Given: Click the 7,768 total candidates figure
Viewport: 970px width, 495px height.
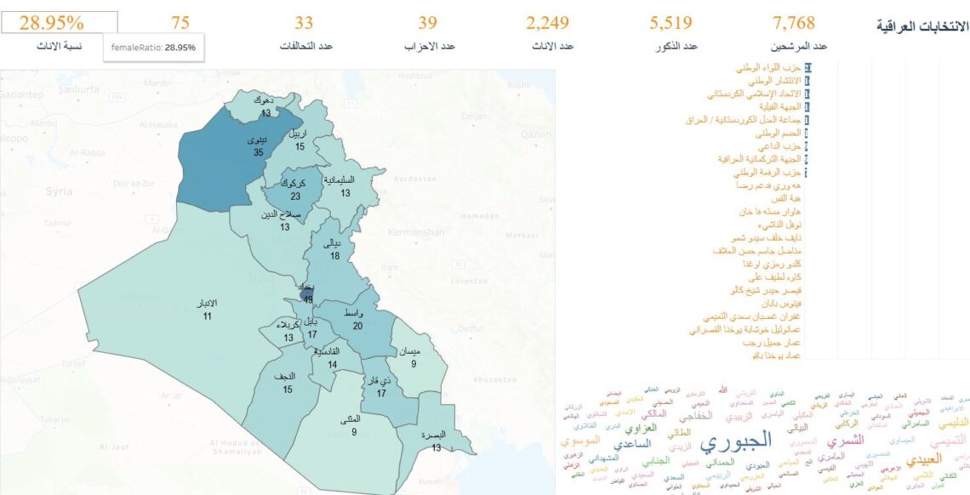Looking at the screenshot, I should pos(799,23).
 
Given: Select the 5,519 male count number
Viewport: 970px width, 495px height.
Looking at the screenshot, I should pos(670,23).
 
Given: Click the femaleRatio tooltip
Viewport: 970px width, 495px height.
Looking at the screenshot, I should pos(153,48).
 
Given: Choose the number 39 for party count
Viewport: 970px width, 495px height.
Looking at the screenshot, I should pos(429,23).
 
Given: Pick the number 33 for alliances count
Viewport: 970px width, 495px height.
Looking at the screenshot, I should pos(304,23).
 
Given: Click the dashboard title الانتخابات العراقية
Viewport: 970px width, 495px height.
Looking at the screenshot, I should pos(922,27).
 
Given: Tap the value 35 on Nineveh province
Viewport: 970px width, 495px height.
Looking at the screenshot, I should pos(258,153).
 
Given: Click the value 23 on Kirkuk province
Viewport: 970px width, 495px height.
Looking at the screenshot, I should pos(295,196).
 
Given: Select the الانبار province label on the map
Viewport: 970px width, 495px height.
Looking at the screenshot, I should pos(207,304).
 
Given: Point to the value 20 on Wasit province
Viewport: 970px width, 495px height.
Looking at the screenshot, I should pos(357,326).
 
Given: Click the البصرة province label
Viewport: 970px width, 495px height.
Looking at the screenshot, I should pos(436,435).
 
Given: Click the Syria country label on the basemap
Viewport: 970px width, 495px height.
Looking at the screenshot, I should pos(59,191).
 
